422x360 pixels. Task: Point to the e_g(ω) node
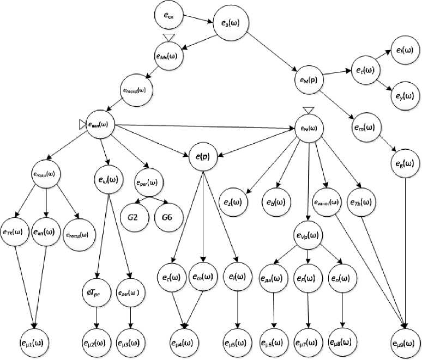pyautogui.click(x=404, y=163)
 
